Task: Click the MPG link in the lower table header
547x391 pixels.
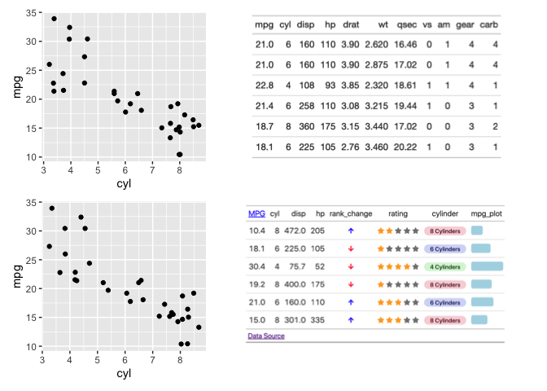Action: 256,213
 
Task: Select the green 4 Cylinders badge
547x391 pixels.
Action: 444,266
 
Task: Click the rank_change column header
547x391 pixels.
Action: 350,213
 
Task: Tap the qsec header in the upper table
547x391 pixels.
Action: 406,24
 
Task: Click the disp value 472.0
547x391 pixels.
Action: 298,231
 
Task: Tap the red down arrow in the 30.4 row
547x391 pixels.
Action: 351,266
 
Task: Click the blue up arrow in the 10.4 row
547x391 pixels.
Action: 351,231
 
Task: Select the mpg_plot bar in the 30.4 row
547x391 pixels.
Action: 487,266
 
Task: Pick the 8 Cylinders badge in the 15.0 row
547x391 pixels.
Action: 444,320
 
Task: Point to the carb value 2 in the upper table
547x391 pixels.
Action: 495,126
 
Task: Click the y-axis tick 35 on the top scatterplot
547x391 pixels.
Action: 30,13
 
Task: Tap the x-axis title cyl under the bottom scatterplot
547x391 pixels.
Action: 124,373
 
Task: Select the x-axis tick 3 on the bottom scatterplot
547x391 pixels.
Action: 42,357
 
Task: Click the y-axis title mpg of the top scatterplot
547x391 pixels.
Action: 16,85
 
